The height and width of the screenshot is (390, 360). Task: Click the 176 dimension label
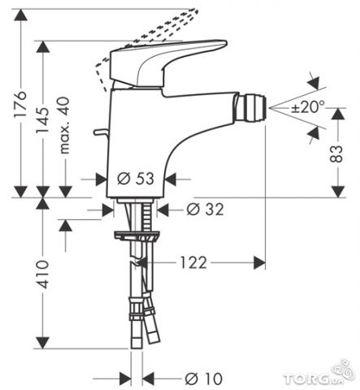[x=20, y=104]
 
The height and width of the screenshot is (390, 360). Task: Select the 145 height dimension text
[x=42, y=120]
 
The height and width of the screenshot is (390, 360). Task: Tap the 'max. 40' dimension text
[x=64, y=126]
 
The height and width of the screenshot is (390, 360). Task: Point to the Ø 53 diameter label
[x=136, y=179]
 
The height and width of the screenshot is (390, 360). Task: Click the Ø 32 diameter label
[x=206, y=209]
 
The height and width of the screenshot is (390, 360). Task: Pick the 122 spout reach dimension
[x=193, y=262]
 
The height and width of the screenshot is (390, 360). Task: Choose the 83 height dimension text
[x=336, y=154]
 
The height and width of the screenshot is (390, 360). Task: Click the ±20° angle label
[x=308, y=106]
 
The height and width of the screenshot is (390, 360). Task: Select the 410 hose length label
[x=42, y=275]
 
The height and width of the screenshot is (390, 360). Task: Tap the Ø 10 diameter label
[x=204, y=379]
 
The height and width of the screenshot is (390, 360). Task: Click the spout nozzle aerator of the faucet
[x=250, y=107]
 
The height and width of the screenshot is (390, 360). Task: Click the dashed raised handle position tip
[x=196, y=11]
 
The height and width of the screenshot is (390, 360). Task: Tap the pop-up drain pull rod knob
[x=100, y=132]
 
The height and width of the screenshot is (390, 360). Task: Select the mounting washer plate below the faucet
[x=137, y=236]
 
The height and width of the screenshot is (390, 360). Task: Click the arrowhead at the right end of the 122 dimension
[x=259, y=262]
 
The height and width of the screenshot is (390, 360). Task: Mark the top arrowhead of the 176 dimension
[x=21, y=15]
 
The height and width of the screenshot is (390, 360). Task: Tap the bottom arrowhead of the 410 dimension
[x=42, y=343]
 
